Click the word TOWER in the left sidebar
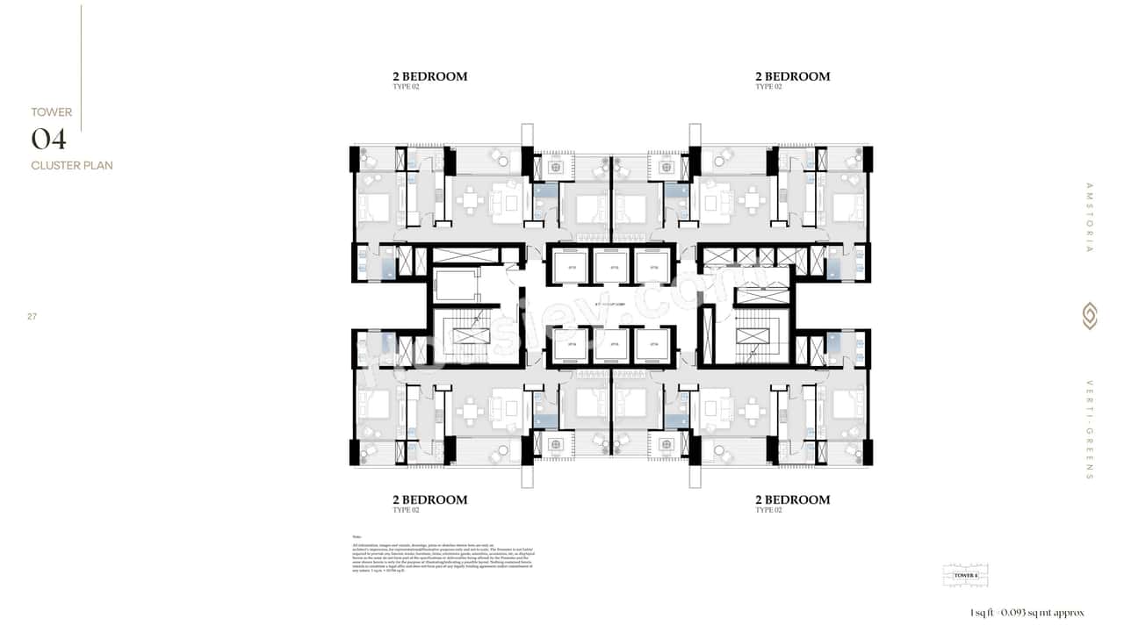pos(52,112)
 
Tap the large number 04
pos(49,139)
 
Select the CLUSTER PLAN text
pos(72,165)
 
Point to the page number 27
pos(32,316)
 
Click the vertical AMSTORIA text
pos(1090,217)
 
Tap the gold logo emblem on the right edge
pos(1090,316)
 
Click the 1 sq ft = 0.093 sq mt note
pos(1027,613)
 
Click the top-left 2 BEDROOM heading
pos(429,76)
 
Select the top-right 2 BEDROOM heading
pos(792,76)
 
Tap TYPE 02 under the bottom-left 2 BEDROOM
pos(406,510)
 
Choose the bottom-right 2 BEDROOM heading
pos(792,499)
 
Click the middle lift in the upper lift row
pos(611,267)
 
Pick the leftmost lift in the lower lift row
pos(571,345)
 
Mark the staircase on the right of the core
pos(751,338)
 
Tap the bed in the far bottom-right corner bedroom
pos(848,406)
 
